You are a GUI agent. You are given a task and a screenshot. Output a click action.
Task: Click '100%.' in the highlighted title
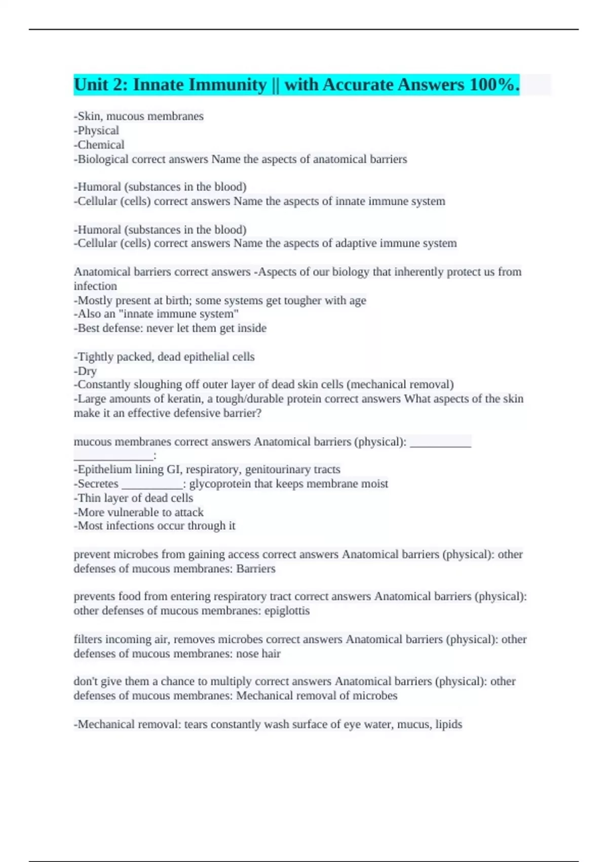tap(494, 85)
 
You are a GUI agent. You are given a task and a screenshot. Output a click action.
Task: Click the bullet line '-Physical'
tap(96, 130)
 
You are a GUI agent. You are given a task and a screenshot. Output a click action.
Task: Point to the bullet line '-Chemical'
tap(99, 145)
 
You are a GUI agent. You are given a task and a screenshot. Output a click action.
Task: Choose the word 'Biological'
tap(103, 159)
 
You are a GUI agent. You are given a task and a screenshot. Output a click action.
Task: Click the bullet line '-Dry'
tap(85, 371)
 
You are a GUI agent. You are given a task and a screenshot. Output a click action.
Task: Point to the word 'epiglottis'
tap(287, 610)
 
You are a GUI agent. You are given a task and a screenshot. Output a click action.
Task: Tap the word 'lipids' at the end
tap(448, 724)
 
